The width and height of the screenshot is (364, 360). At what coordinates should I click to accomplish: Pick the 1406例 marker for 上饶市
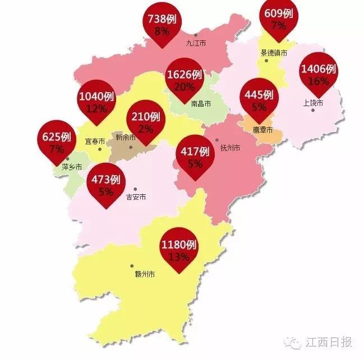pos(318,75)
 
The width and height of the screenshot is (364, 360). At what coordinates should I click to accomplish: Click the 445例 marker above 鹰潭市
pos(259,99)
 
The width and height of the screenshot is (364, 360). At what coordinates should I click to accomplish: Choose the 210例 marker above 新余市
pos(144,122)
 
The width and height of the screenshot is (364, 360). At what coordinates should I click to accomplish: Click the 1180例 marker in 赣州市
pos(178,250)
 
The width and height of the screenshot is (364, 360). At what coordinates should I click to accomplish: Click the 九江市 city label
pos(196,43)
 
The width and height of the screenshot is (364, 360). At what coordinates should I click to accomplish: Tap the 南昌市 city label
pos(201,104)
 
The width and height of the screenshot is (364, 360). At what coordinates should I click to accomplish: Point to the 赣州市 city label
pos(145,275)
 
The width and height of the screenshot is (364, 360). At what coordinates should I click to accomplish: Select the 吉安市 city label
pos(136,197)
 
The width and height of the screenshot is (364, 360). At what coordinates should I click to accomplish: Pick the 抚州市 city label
pos(230,147)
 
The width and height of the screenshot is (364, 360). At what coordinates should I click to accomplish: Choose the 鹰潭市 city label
pos(262,130)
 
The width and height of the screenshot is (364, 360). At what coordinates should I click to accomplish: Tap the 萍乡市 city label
pos(72,167)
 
